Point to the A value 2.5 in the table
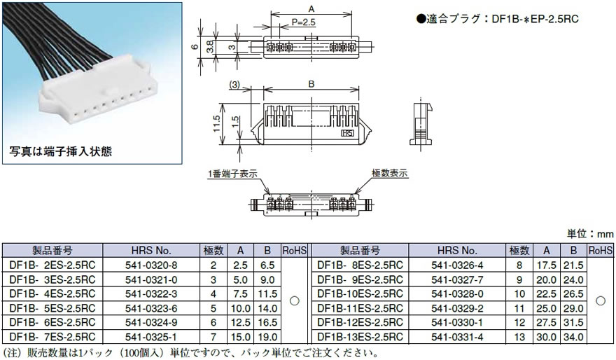240,265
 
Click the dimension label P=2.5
293,22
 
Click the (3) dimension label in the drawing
234,84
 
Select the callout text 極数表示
390,173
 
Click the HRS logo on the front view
347,131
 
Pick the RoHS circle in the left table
295,300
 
